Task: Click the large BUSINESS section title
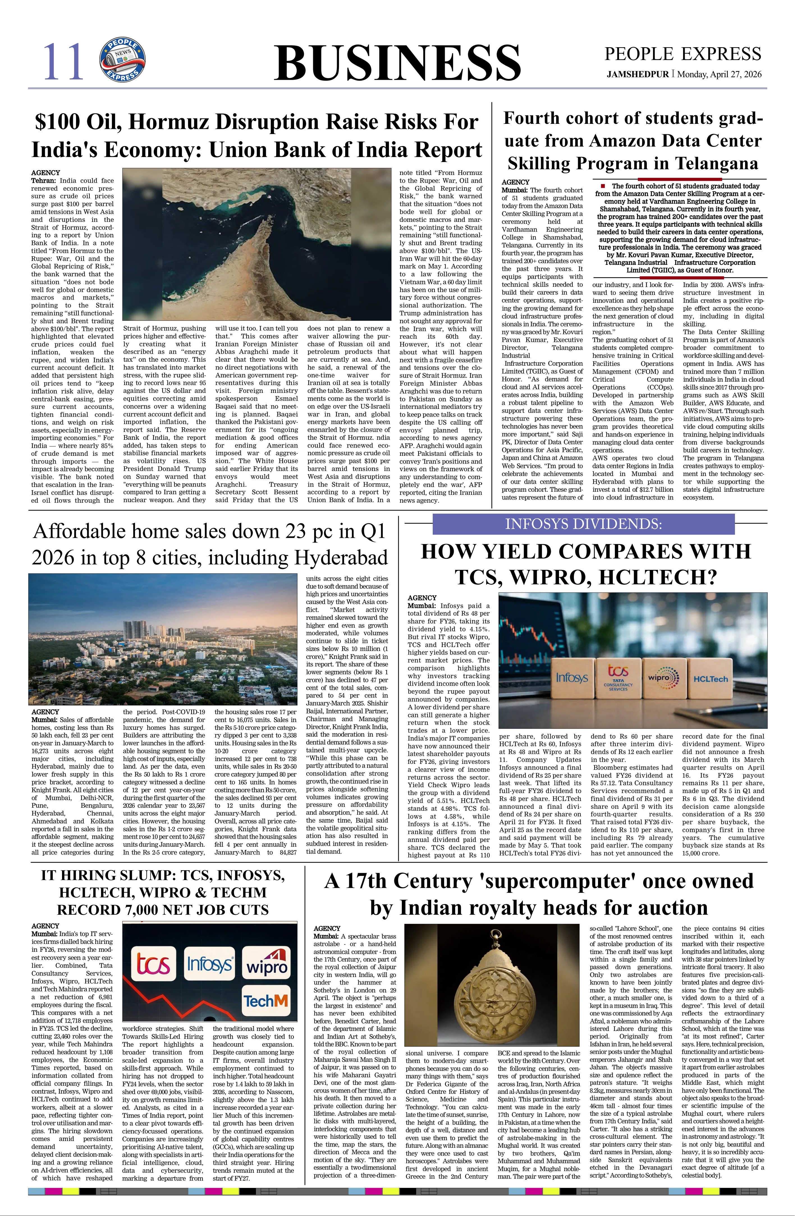[x=397, y=63]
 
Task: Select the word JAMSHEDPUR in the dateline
[x=637, y=74]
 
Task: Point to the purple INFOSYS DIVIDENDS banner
[x=583, y=524]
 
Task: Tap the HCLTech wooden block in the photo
[x=710, y=678]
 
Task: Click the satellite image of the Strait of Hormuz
[x=257, y=245]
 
